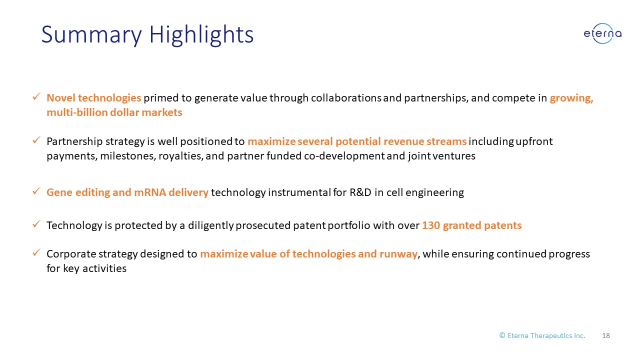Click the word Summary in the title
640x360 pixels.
(x=91, y=35)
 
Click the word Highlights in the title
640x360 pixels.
(x=201, y=35)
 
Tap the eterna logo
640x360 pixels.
(x=602, y=33)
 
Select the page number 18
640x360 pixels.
(x=605, y=335)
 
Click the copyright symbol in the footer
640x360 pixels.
(x=502, y=335)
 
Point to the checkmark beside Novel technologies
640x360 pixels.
(x=36, y=96)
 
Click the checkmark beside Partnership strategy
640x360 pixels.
(x=36, y=140)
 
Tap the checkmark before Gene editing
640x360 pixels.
(x=36, y=191)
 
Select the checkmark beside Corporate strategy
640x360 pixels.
(x=36, y=252)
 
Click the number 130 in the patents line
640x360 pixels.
(x=431, y=225)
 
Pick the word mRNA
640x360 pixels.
(x=150, y=192)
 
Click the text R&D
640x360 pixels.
(x=360, y=192)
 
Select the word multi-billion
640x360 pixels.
(x=77, y=112)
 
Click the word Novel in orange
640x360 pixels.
(x=61, y=97)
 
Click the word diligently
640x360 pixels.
(x=211, y=225)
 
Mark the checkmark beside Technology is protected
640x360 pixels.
(x=36, y=224)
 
